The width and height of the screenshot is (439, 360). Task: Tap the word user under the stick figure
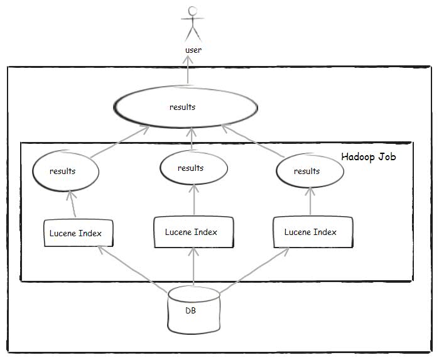tap(193, 50)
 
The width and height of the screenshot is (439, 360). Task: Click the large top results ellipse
tap(185, 107)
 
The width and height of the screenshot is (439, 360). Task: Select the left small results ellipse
tap(65, 170)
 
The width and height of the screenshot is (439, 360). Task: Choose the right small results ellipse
tap(307, 171)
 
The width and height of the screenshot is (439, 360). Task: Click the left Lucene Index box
tap(77, 233)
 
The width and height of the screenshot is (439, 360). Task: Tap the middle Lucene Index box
tap(193, 232)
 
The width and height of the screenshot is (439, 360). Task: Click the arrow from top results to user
tap(187, 73)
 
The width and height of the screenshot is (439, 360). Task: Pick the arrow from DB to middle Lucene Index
tap(194, 267)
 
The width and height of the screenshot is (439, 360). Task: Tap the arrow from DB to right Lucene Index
tap(254, 268)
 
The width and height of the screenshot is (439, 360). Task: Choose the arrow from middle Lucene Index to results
tap(193, 200)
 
